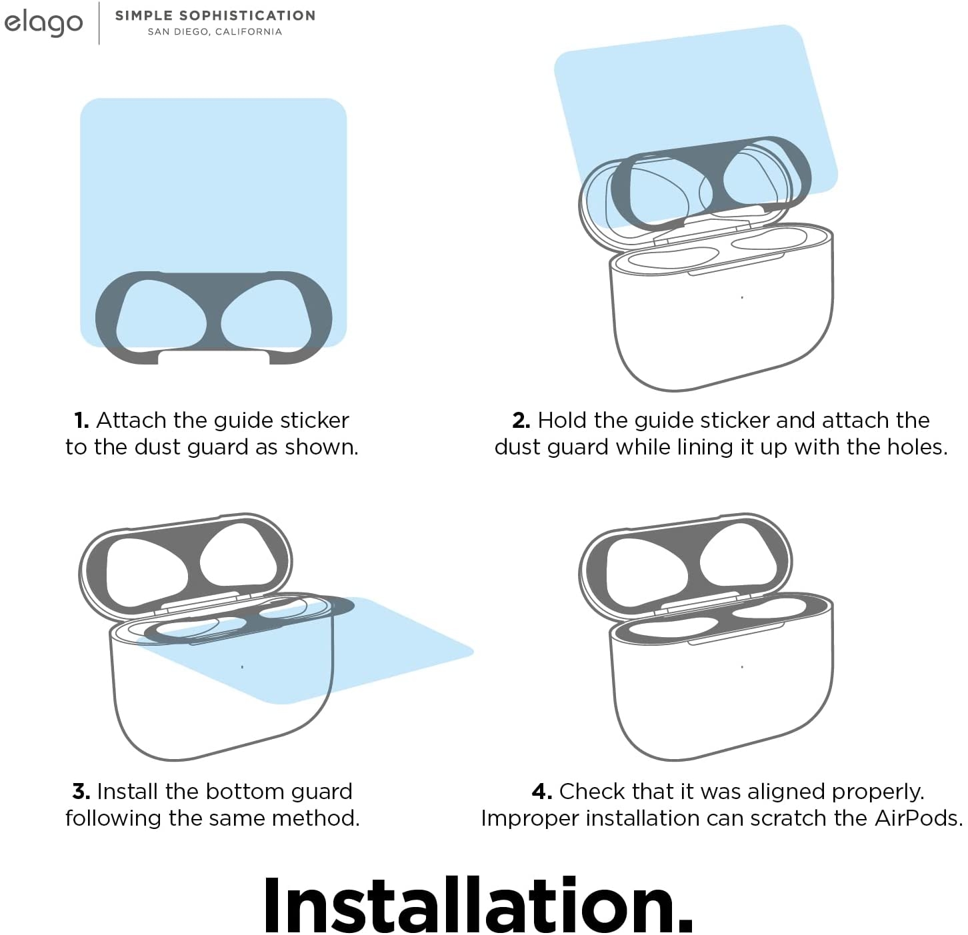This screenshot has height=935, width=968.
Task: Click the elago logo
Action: point(43,23)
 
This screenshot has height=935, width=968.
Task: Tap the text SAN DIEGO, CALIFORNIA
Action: point(215,32)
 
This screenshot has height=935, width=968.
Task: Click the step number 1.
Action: point(81,421)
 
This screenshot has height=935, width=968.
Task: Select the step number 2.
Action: point(521,421)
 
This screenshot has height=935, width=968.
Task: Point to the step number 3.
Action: point(81,792)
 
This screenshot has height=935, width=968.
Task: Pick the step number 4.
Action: point(542,792)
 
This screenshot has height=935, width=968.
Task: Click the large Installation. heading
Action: point(478,905)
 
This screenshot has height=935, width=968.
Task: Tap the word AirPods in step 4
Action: point(918,818)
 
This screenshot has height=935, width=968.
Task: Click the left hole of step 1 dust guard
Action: point(161,313)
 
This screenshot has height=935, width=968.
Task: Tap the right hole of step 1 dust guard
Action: point(266,313)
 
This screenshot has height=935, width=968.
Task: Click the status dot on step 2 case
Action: point(742,297)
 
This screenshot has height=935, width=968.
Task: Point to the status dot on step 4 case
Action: point(742,667)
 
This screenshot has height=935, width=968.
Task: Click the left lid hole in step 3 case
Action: point(146,572)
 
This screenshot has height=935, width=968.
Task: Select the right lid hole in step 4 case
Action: point(739,555)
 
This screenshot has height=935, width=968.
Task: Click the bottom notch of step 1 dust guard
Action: point(213,357)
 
